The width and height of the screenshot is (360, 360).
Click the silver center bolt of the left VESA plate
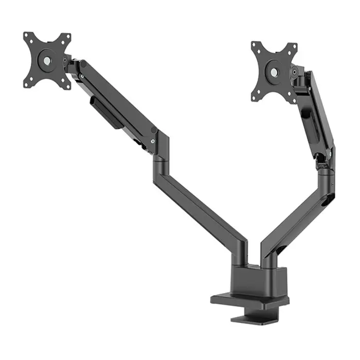click(47, 60)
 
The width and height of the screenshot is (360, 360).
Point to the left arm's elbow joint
click(161, 146)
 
